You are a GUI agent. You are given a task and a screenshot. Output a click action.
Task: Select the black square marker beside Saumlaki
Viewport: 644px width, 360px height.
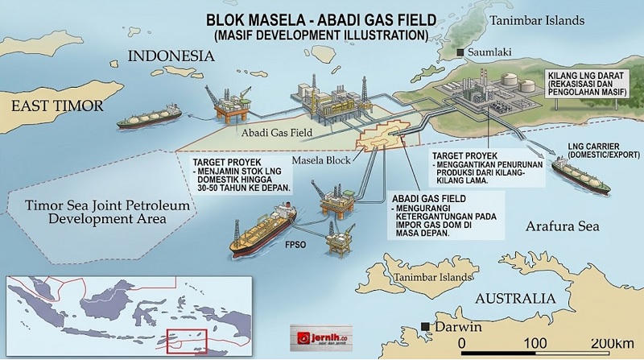pos(460,54)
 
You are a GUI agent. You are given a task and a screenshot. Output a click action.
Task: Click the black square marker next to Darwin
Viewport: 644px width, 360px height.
pos(423,327)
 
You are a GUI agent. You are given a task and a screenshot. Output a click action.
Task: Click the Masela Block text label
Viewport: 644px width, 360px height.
pos(317,160)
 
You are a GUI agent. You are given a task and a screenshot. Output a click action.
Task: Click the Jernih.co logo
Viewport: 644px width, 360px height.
pos(320,336)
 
